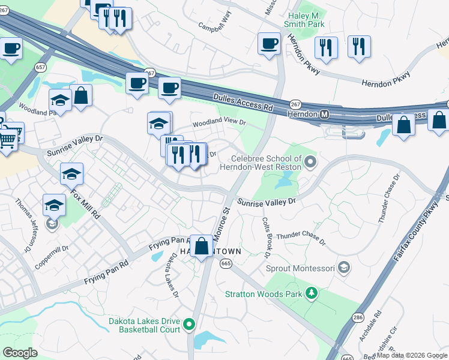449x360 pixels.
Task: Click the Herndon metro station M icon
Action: [324, 114]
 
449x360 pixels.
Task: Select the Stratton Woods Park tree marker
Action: [312, 293]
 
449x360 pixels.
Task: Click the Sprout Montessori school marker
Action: [345, 266]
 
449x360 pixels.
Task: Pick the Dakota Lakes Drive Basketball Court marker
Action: [189, 325]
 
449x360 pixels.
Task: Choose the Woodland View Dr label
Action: [219, 122]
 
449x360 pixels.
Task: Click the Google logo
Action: [20, 353]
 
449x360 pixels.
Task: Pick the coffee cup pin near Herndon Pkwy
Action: [269, 43]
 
